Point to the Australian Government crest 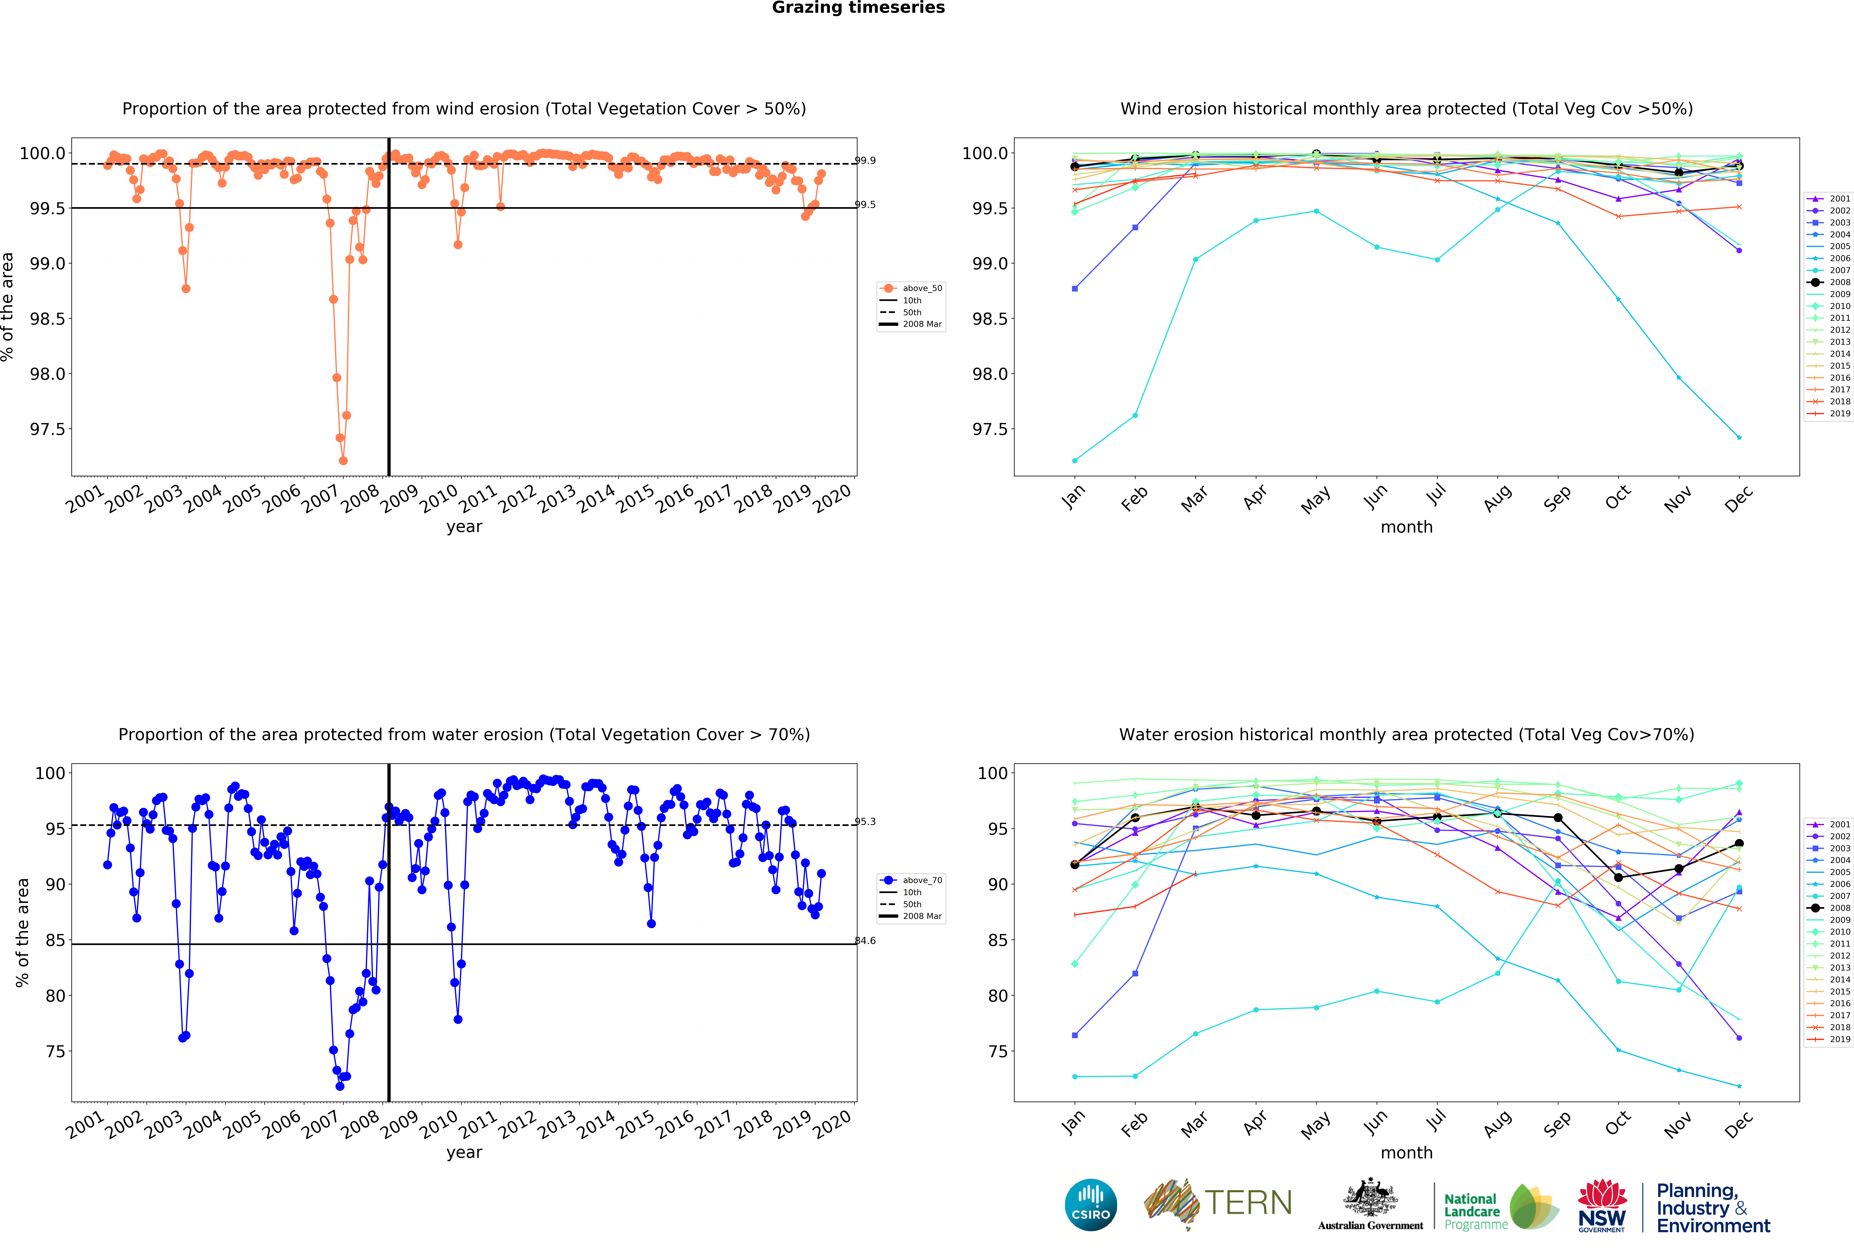click(x=1370, y=1197)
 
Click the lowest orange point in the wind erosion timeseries click(x=343, y=460)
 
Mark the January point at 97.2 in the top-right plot click(x=1075, y=460)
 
